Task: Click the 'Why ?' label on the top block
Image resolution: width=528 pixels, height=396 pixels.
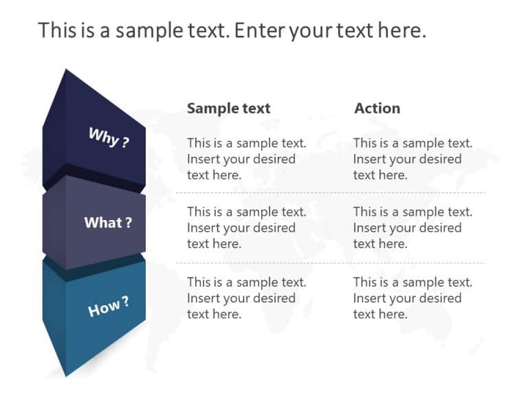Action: click(x=109, y=137)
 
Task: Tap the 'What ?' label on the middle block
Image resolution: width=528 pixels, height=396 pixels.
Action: click(x=108, y=223)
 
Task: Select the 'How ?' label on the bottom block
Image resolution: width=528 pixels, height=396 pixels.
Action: click(x=109, y=307)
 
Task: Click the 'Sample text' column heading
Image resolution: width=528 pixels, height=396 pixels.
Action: click(x=229, y=108)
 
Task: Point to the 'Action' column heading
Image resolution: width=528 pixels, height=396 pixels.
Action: click(x=377, y=108)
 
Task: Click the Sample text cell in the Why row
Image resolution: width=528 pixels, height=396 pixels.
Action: click(x=246, y=159)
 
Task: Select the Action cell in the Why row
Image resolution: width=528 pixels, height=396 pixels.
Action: click(x=412, y=159)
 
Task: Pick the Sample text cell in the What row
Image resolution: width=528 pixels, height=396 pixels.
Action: click(x=246, y=228)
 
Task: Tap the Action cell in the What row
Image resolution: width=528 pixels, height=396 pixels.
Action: click(x=412, y=228)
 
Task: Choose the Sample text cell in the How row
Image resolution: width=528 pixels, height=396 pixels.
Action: click(x=246, y=298)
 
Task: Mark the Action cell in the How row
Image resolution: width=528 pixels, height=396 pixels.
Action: click(x=412, y=298)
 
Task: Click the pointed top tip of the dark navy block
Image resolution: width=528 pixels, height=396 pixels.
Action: click(x=66, y=70)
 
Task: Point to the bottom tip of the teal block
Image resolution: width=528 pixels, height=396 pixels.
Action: click(x=66, y=375)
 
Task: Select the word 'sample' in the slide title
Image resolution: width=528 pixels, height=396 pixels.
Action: click(x=136, y=30)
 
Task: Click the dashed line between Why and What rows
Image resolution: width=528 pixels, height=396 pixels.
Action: click(x=330, y=193)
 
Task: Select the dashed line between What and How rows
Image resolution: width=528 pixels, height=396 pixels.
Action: click(x=330, y=263)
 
